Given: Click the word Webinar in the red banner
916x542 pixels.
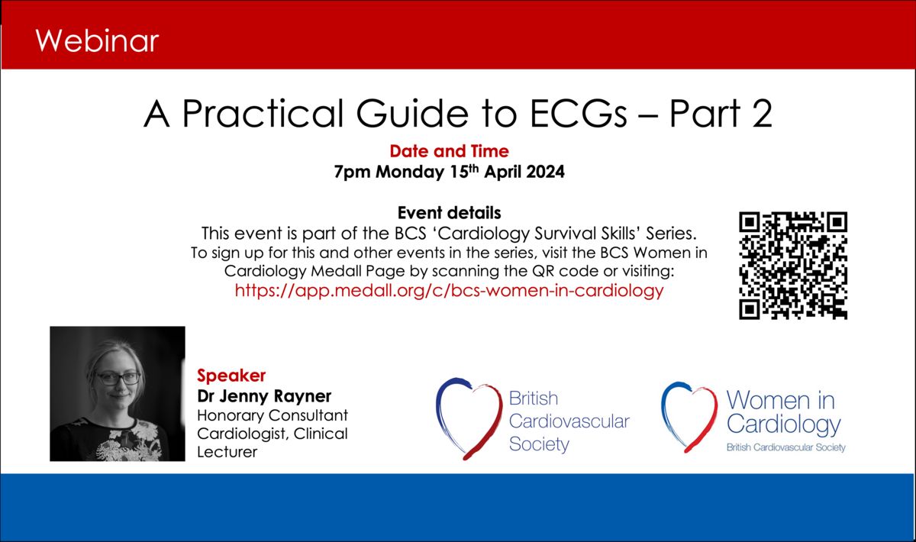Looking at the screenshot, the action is pyautogui.click(x=97, y=41).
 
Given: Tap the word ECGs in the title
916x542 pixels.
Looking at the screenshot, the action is pyautogui.click(x=579, y=113).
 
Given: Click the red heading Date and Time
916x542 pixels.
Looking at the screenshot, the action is pyautogui.click(x=449, y=151).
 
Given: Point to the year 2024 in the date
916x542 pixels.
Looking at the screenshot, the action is pyautogui.click(x=545, y=172).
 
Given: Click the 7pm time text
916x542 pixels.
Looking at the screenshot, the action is pyautogui.click(x=352, y=173).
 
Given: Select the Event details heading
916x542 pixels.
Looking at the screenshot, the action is pyautogui.click(x=449, y=213).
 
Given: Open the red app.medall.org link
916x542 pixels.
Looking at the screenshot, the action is pyautogui.click(x=449, y=290).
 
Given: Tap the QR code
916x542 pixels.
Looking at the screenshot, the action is pyautogui.click(x=793, y=266).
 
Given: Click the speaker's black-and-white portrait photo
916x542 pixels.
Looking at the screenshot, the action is pyautogui.click(x=118, y=393).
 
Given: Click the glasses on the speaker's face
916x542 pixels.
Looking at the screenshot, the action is pyautogui.click(x=118, y=378).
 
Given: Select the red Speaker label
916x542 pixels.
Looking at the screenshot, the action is pyautogui.click(x=231, y=376).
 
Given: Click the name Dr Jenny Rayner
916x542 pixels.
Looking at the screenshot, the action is pyautogui.click(x=264, y=396).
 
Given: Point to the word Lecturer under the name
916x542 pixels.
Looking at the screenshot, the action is pyautogui.click(x=227, y=452).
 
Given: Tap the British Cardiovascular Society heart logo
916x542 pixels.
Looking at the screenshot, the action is pyautogui.click(x=469, y=418).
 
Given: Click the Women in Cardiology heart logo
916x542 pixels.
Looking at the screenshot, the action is pyautogui.click(x=689, y=417).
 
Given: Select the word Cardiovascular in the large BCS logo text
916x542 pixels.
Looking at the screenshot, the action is pyautogui.click(x=569, y=421).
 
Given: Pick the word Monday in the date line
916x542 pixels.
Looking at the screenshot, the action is pyautogui.click(x=409, y=173).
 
